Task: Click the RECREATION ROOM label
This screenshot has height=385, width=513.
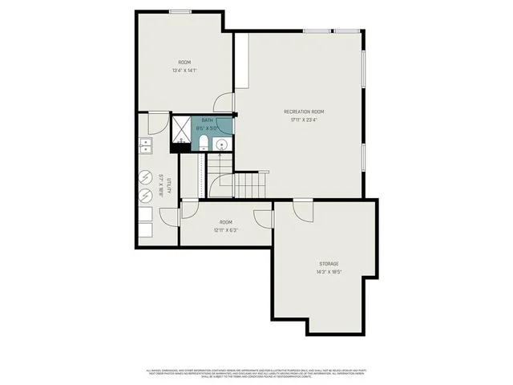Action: (x=304, y=111)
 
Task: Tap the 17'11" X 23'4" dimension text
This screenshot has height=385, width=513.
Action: (x=304, y=120)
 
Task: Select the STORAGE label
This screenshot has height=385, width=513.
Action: (x=328, y=264)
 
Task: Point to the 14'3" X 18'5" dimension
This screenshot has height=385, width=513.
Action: (x=328, y=273)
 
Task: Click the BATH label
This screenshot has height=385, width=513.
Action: (x=208, y=120)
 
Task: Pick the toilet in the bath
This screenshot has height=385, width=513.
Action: (x=204, y=144)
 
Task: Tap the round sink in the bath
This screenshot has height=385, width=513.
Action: (x=221, y=144)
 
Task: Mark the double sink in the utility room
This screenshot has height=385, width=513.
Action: (x=146, y=145)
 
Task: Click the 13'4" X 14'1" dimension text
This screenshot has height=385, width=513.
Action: (x=184, y=71)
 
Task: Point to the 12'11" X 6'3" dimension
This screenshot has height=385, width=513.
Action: (x=226, y=230)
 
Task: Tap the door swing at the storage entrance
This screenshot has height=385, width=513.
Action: (x=302, y=209)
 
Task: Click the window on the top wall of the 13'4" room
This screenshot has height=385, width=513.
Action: (x=180, y=11)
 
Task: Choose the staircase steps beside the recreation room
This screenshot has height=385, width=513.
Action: (x=249, y=185)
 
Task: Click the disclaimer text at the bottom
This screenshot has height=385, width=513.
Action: (x=256, y=373)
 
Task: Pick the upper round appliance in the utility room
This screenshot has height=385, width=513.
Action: (x=146, y=176)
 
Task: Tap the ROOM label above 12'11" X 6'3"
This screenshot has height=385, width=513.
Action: (x=226, y=222)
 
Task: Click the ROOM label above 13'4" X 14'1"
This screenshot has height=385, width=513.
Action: (x=184, y=62)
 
